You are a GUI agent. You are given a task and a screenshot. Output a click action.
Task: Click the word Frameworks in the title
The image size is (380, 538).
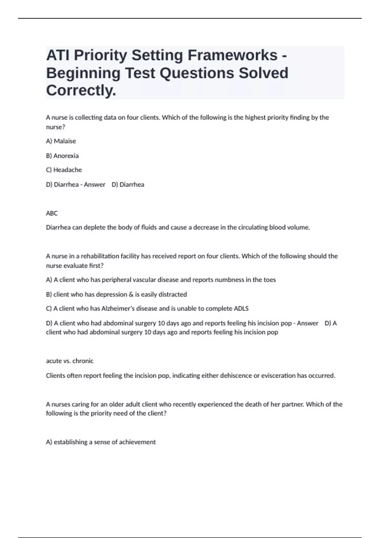232,55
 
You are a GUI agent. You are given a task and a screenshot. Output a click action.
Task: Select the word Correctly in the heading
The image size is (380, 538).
81,91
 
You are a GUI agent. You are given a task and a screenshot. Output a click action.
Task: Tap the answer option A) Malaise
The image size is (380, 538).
61,141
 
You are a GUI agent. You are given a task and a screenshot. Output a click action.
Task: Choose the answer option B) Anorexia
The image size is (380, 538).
62,156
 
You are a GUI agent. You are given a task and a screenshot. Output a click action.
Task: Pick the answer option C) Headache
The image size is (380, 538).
64,170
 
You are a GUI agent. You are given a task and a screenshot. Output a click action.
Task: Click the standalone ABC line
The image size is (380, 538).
52,213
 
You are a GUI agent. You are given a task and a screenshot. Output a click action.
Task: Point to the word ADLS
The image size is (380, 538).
241,309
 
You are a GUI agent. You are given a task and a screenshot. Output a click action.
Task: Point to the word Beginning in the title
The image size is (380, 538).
83,73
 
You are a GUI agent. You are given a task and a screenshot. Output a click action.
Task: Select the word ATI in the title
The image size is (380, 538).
58,55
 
